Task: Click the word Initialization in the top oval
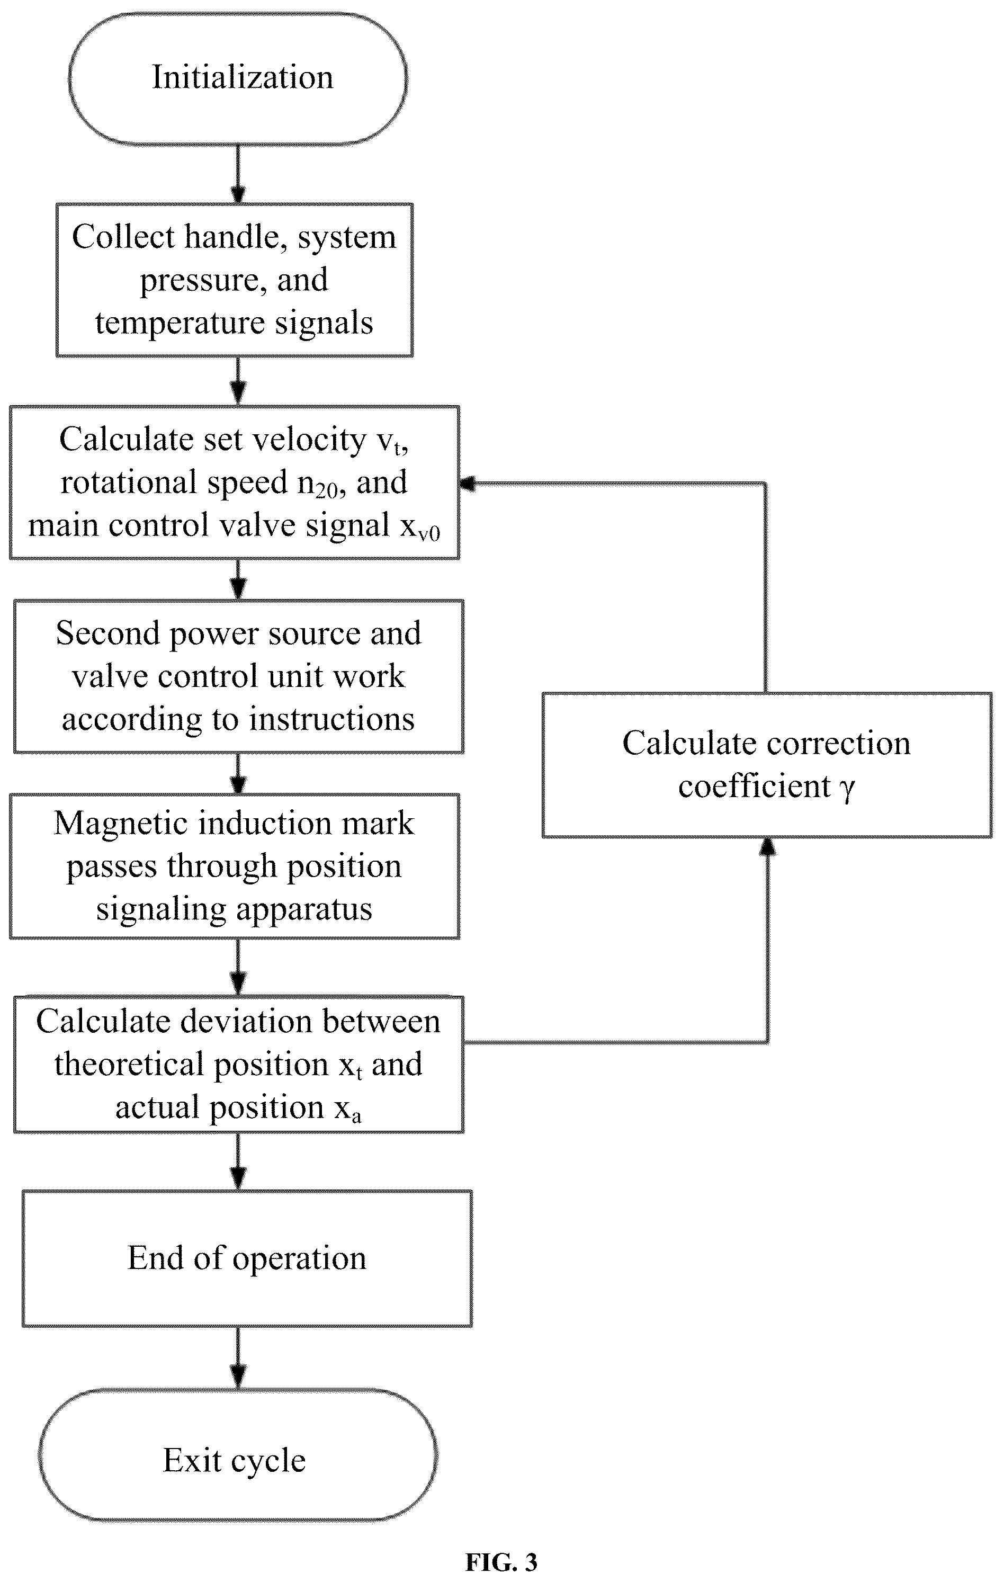coord(243,77)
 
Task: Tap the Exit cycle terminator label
coord(235,1461)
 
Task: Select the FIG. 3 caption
coord(501,1562)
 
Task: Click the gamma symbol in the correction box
coord(848,788)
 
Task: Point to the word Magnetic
coord(120,823)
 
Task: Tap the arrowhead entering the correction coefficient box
coord(767,846)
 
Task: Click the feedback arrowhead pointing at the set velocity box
coord(467,484)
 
